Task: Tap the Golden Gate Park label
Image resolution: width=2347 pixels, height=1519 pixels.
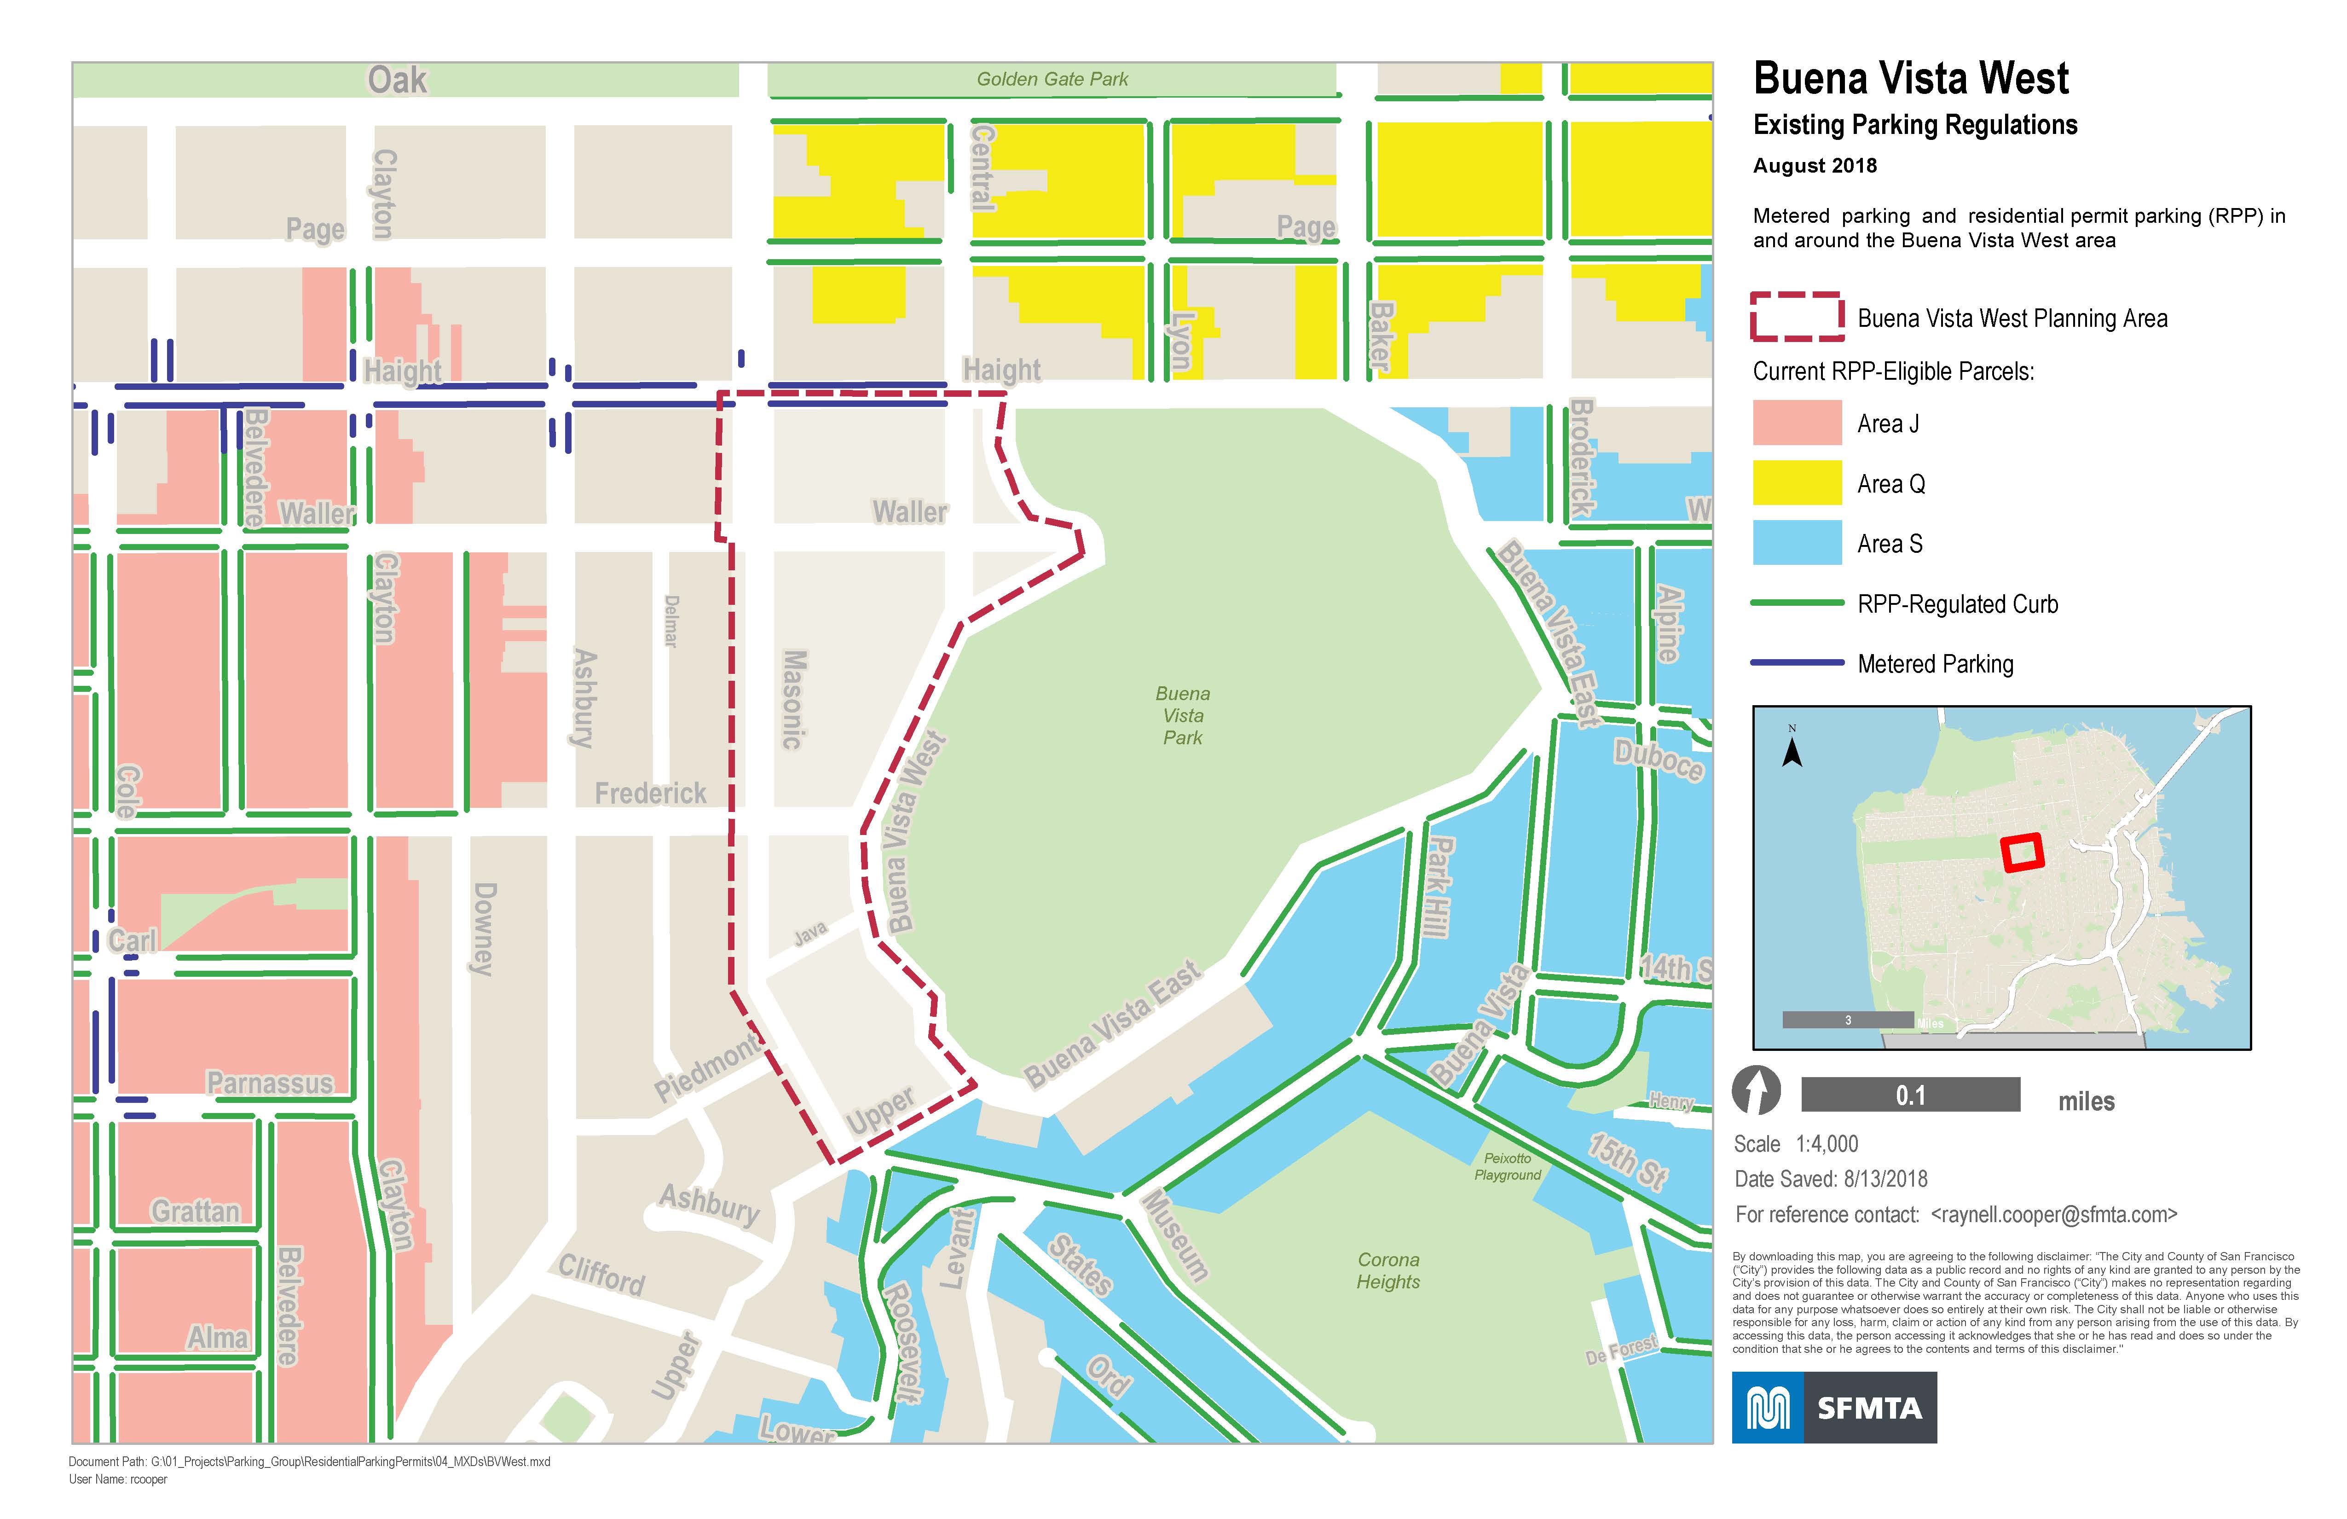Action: (x=1052, y=79)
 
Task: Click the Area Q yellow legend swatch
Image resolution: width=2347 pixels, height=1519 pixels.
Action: (x=1797, y=483)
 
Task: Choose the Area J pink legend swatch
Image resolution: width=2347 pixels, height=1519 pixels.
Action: (x=1797, y=423)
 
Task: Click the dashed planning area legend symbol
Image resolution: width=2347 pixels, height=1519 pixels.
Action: (x=1797, y=317)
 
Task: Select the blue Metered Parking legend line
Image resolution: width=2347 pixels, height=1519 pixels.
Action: (x=1797, y=663)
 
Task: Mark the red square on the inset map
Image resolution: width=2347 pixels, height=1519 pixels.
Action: (x=2022, y=853)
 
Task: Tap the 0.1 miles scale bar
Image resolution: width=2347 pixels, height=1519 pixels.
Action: (x=1910, y=1095)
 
